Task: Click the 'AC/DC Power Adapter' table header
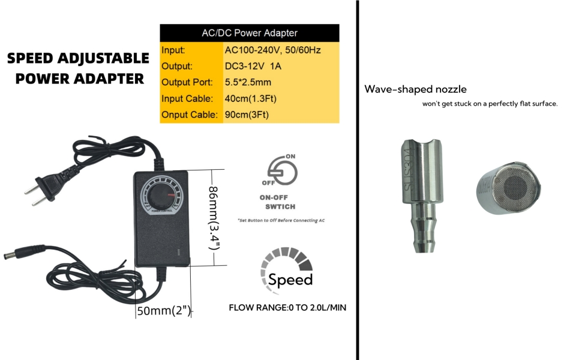(249, 33)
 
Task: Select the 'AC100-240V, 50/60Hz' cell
(273, 50)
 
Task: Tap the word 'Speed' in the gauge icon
(290, 280)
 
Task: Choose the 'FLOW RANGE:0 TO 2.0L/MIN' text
(287, 308)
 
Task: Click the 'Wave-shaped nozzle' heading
(415, 89)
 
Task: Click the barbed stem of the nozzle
(422, 231)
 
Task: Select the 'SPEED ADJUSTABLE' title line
(78, 59)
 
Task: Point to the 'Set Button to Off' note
(281, 220)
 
